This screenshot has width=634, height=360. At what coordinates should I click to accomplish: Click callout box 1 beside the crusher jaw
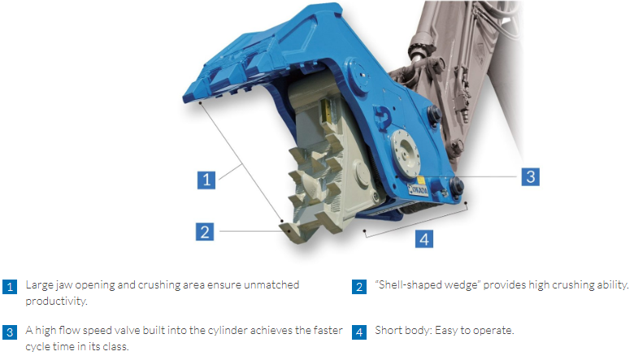click(206, 180)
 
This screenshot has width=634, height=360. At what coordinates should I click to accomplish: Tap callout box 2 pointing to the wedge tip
click(205, 232)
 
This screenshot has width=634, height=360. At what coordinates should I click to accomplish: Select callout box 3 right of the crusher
click(531, 176)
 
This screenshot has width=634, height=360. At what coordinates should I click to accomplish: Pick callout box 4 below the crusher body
click(424, 238)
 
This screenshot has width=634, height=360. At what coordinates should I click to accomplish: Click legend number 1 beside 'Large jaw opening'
click(10, 287)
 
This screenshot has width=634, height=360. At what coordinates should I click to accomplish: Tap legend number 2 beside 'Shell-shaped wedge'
click(359, 287)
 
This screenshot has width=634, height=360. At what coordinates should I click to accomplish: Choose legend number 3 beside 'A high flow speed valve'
click(10, 332)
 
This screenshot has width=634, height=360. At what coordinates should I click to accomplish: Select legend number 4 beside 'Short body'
click(359, 332)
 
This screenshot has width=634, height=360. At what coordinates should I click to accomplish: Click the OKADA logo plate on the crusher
click(418, 189)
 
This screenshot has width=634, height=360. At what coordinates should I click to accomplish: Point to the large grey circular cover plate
click(405, 154)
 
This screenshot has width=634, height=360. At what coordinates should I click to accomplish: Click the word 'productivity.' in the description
click(56, 301)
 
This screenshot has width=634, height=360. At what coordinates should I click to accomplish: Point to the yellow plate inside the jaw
click(325, 111)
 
